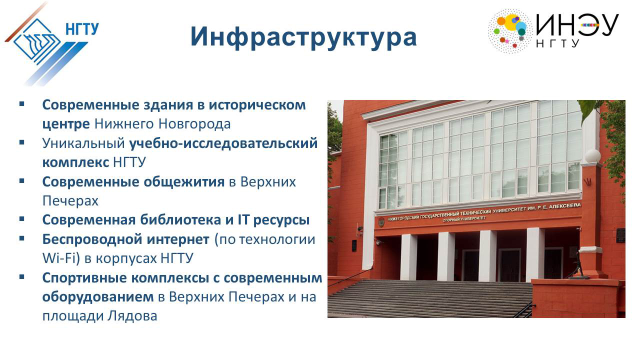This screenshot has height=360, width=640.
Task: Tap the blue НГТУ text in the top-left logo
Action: (x=82, y=29)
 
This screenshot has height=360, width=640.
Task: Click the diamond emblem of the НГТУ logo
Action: (x=37, y=40)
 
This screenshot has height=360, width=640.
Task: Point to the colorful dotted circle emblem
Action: (x=510, y=31)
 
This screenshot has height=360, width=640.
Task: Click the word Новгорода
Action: (x=194, y=124)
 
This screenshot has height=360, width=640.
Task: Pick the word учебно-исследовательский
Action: (x=223, y=143)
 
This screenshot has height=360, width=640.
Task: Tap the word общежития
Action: (x=183, y=182)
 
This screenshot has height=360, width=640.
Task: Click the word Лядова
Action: (x=132, y=316)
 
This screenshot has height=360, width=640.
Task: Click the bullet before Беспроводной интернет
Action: (x=21, y=238)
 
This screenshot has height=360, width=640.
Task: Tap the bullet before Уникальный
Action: (x=21, y=142)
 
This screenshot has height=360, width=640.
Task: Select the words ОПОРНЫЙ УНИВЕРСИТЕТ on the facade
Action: (x=464, y=219)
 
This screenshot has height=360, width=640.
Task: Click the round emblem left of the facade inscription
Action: (x=381, y=222)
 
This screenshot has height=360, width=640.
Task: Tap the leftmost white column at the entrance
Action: (x=408, y=257)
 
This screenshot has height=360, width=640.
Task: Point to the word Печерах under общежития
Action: (x=70, y=201)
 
